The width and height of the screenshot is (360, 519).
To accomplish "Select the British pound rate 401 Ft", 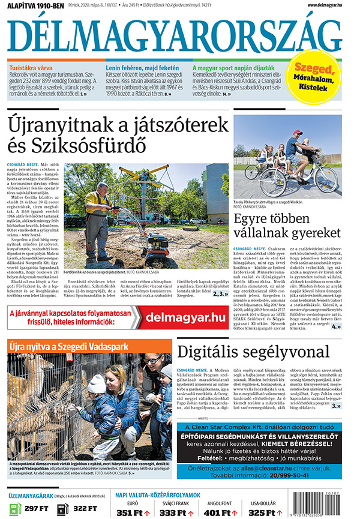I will (219, 512).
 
